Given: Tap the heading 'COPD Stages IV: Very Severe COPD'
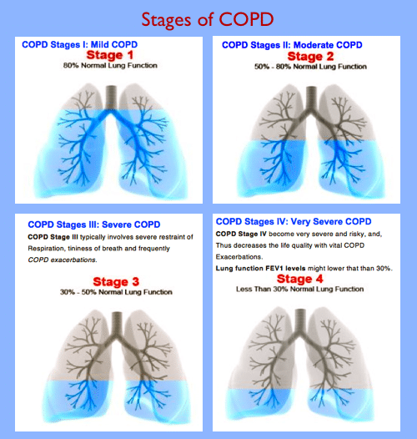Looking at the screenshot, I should click(294, 221).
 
